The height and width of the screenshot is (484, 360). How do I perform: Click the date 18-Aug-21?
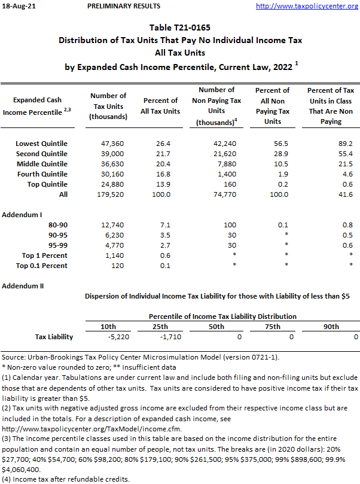18,6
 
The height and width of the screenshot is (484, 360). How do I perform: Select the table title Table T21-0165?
179,28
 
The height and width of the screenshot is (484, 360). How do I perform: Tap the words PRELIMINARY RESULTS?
124,6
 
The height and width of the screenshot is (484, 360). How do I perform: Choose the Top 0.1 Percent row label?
42,266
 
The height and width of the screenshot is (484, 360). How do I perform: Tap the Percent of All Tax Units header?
161,106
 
